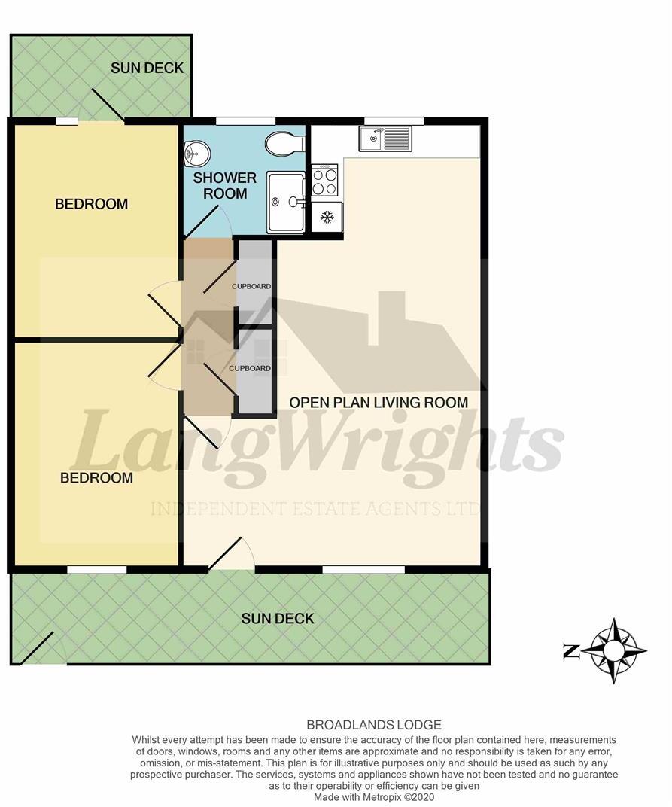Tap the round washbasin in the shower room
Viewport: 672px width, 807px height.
[197, 154]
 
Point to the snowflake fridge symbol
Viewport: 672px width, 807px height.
[327, 218]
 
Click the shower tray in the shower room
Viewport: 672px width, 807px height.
[286, 202]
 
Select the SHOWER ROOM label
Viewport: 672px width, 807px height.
[225, 186]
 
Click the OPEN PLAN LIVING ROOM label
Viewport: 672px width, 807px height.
[379, 403]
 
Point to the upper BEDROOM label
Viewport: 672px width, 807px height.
[91, 204]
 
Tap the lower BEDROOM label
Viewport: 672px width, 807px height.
[96, 478]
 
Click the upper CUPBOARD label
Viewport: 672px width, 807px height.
[251, 287]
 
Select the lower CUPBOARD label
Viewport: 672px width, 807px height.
[250, 368]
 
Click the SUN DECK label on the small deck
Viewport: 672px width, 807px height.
[147, 68]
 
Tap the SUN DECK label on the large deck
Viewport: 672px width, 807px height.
[278, 619]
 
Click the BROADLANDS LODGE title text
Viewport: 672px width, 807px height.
[374, 725]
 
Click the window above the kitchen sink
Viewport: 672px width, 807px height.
[394, 120]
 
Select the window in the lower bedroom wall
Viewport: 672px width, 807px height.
[96, 570]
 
